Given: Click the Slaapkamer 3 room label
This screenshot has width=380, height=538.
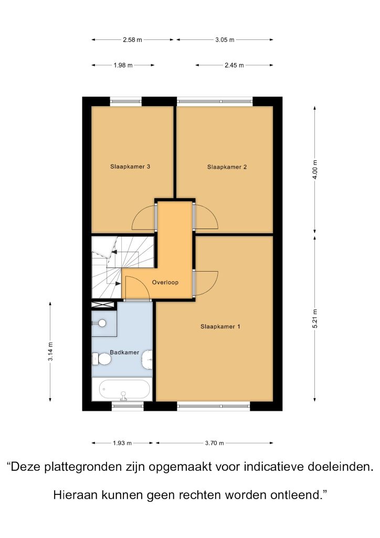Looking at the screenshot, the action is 130,167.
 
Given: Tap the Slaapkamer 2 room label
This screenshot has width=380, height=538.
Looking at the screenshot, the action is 227,167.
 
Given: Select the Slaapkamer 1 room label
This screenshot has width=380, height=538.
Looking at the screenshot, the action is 220,327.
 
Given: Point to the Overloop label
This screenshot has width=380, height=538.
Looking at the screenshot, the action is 165,282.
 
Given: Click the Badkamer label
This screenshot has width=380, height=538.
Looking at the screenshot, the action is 124,353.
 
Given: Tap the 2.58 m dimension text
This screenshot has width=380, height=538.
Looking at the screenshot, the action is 132,40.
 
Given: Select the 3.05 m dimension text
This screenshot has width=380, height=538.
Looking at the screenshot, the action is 225,40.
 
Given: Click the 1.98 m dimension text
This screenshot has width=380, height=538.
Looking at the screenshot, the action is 123,65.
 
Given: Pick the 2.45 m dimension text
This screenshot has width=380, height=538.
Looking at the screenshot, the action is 235,65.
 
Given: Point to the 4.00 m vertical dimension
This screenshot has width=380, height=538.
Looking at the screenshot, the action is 315,170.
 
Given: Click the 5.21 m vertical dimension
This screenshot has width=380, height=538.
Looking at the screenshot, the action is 315,319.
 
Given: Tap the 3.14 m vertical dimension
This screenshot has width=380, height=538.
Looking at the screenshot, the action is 50,351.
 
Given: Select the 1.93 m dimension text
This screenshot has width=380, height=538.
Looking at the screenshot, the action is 122,443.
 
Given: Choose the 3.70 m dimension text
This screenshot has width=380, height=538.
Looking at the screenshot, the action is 215,443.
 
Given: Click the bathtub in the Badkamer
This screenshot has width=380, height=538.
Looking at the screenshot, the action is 122,389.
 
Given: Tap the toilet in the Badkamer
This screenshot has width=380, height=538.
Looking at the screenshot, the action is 101,359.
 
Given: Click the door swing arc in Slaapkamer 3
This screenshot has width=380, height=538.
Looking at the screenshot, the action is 140,213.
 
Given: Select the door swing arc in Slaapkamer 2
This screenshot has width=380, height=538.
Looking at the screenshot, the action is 210,211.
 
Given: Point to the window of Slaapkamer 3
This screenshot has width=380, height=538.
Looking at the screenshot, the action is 126,101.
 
